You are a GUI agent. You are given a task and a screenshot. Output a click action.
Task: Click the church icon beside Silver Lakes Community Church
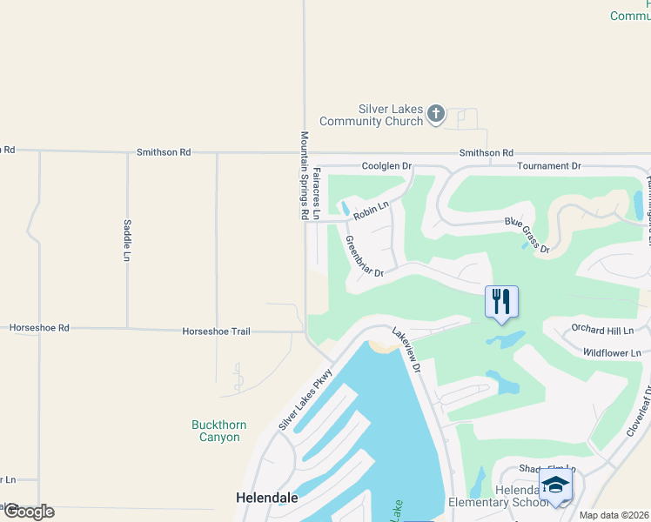tap(436, 114)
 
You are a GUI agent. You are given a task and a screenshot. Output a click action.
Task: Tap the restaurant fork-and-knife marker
tap(501, 302)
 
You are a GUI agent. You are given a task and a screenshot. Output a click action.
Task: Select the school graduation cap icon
tap(555, 485)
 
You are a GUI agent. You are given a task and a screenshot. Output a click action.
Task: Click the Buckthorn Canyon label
tap(218, 431)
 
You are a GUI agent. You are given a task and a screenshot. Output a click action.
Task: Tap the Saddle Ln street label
tap(126, 240)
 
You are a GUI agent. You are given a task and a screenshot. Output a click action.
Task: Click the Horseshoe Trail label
tap(216, 331)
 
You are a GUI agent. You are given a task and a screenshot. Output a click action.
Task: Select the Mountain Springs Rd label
tap(305, 175)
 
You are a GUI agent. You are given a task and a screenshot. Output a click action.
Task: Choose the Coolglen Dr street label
tap(386, 165)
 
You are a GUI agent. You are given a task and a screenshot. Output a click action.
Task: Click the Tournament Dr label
tap(548, 165)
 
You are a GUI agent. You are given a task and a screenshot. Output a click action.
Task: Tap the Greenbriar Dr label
tap(364, 258)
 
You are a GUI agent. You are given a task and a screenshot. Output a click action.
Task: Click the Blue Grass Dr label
tap(527, 236)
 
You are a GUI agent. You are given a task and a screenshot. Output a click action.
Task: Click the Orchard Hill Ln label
tap(602, 330)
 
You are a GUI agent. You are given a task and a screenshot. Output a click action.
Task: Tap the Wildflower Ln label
tap(611, 352)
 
